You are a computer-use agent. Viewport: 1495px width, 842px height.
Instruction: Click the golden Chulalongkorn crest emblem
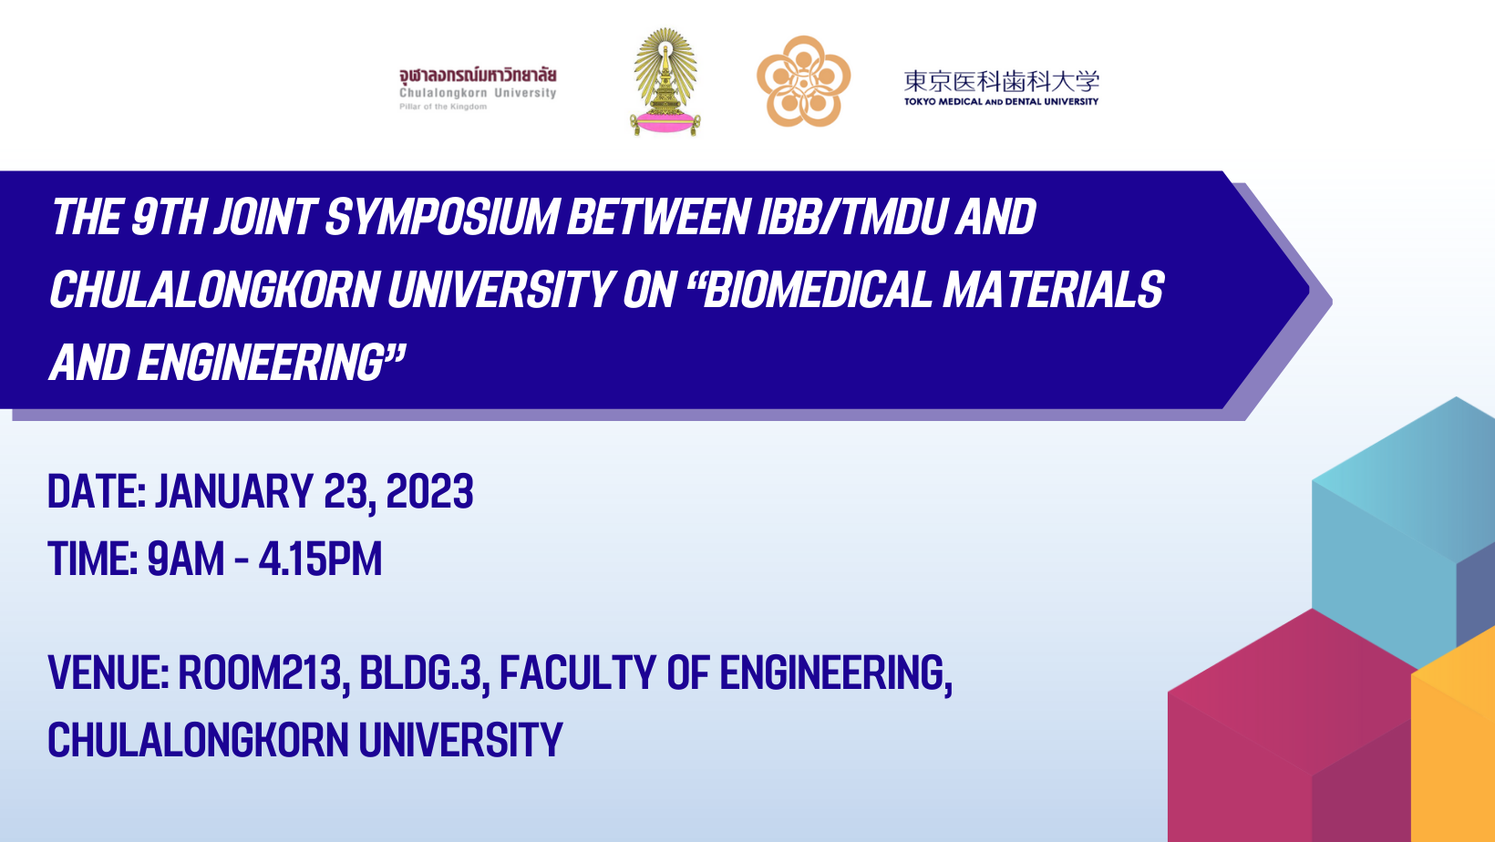tap(665, 81)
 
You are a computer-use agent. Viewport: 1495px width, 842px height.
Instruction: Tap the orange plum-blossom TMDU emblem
tap(803, 81)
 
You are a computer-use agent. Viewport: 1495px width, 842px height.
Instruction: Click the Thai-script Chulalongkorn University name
tap(478, 76)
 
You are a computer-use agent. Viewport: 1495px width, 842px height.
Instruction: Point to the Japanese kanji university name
tap(1001, 81)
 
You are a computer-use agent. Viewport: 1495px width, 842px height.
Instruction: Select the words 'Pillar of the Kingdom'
tap(443, 107)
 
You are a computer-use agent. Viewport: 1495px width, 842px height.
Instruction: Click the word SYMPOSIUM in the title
tap(440, 218)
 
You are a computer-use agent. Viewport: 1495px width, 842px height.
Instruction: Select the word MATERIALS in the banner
tap(1054, 290)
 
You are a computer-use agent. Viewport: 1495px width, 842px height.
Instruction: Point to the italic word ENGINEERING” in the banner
tap(272, 363)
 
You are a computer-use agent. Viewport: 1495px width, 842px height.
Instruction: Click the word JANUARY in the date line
tap(234, 492)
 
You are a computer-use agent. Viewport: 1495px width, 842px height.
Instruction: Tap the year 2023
tap(430, 492)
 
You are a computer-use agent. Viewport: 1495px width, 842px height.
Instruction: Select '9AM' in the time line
tap(186, 559)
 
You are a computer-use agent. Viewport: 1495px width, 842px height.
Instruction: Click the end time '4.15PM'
tap(320, 559)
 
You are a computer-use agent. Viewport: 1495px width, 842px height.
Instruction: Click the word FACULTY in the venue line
tap(578, 673)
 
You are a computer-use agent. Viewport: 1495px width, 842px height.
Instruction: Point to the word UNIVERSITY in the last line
tap(460, 739)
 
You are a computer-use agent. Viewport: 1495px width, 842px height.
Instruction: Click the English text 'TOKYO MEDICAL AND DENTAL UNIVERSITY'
tap(1001, 101)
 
